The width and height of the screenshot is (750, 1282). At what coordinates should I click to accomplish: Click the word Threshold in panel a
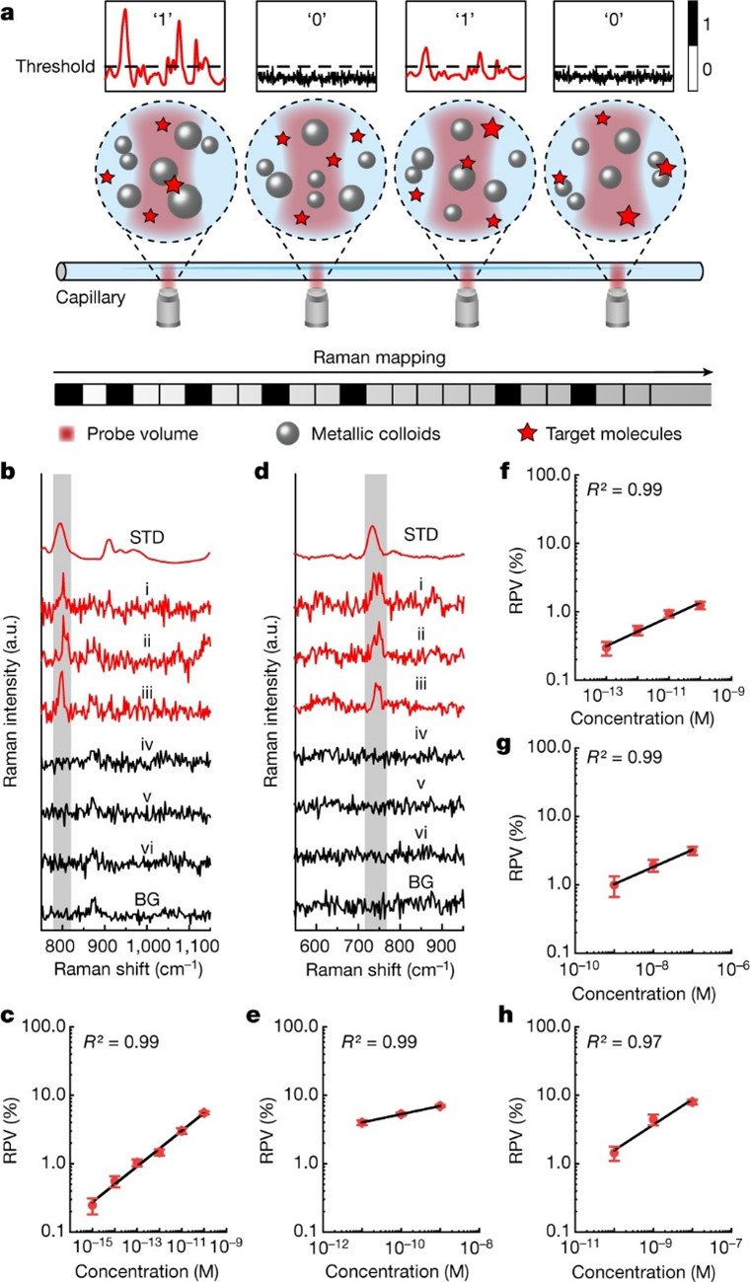click(x=54, y=67)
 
